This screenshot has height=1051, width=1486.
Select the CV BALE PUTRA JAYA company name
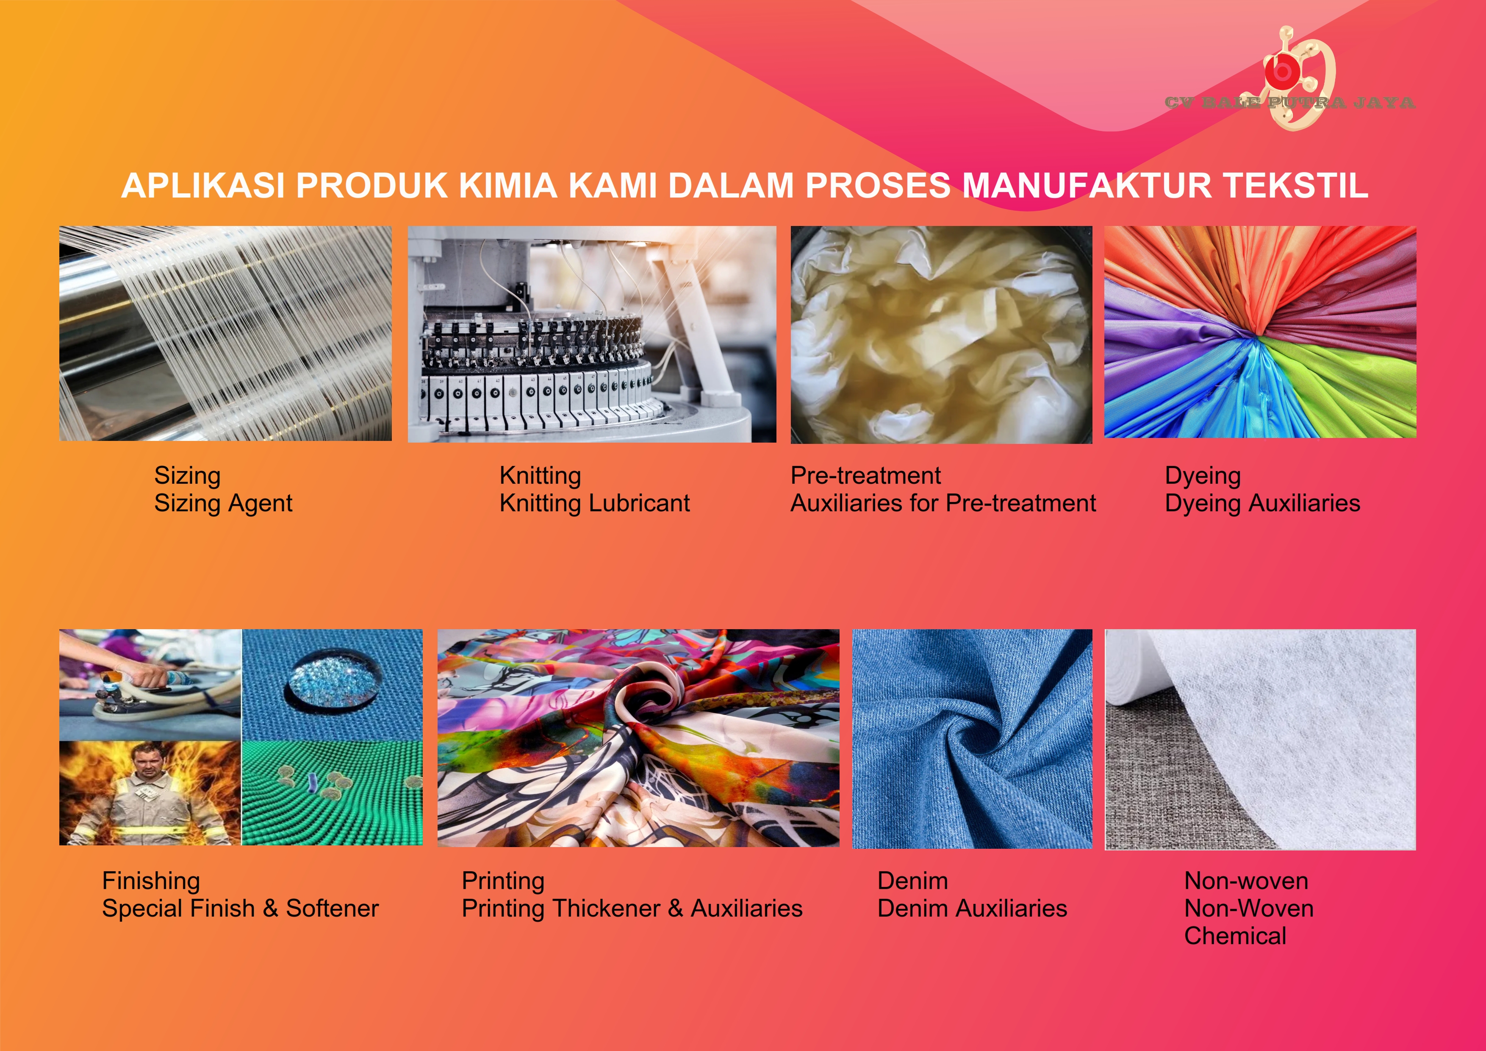pos(1289,102)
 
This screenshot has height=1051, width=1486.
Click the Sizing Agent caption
pos(223,503)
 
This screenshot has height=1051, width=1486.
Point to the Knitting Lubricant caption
pos(594,503)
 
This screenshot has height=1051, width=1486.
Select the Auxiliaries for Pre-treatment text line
pos(943,503)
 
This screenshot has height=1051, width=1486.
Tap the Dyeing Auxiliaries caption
pos(1262,503)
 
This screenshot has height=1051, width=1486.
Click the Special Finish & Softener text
pos(240,909)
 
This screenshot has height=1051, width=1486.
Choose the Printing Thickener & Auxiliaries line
pos(632,909)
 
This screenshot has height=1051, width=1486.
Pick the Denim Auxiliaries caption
pos(972,909)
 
